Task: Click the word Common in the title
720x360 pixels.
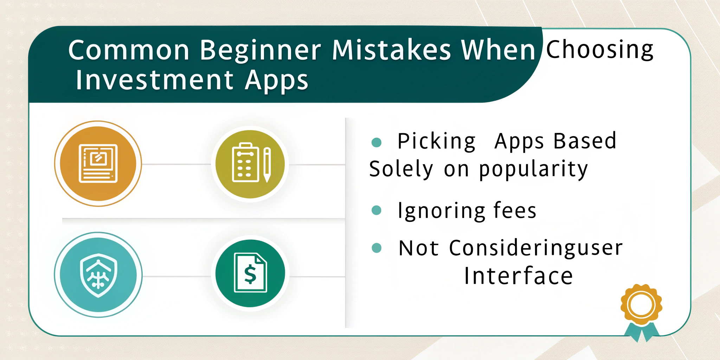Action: (x=129, y=50)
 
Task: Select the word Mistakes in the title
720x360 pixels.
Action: (x=392, y=50)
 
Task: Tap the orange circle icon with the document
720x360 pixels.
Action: (x=98, y=163)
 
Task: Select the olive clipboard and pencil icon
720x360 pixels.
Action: (x=250, y=164)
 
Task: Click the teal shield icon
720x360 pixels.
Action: (x=98, y=275)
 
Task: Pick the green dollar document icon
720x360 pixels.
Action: (x=250, y=273)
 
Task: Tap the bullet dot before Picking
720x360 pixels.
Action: (x=377, y=142)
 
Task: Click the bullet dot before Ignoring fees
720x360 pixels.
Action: (x=377, y=210)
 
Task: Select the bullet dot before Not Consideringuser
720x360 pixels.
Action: (x=377, y=248)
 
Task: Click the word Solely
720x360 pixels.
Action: (x=401, y=169)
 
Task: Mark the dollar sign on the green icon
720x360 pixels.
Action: (x=250, y=275)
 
